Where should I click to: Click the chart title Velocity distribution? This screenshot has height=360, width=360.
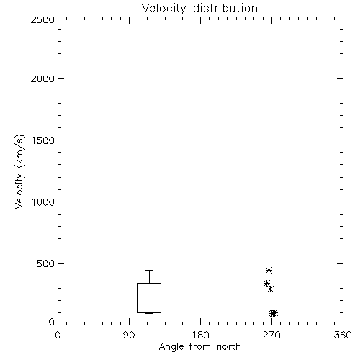point(199,8)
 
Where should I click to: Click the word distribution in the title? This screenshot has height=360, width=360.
point(225,8)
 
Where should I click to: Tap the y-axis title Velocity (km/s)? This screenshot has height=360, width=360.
point(19,171)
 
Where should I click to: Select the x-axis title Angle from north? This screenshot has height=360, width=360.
point(199,347)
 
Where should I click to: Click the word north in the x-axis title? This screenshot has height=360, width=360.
point(229,346)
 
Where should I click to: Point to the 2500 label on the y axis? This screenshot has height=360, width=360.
point(42,19)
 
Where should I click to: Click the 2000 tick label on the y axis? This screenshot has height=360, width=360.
point(42,78)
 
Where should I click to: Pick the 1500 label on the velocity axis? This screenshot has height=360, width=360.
point(43,140)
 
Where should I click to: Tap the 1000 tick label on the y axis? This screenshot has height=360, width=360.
point(43,202)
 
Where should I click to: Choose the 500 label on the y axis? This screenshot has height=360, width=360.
point(46,264)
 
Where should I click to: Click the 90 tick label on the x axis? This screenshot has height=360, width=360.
point(129,335)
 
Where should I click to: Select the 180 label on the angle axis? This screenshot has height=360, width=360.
point(200,335)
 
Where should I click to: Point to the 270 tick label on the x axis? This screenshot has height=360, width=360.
point(271,335)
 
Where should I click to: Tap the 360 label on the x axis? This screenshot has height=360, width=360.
point(343,335)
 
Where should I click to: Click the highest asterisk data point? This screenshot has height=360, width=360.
point(269,271)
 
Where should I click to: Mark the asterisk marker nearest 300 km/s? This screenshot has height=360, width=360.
point(270,289)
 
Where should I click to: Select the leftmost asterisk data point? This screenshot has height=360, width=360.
point(266,284)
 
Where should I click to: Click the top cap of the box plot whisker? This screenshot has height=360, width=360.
point(149,271)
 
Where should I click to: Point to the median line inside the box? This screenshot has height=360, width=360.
point(149,289)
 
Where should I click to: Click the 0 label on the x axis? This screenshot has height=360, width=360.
point(58,335)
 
